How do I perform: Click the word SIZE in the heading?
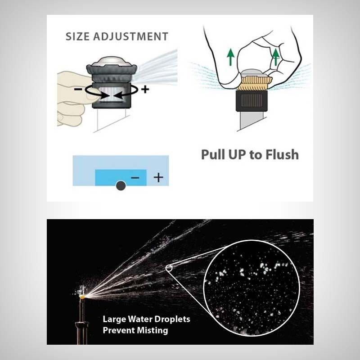[x=77, y=36]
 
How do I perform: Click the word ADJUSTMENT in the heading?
[x=131, y=36]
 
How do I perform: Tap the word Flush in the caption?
[x=282, y=154]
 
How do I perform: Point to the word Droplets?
[x=172, y=319]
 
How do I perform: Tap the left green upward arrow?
[x=230, y=58]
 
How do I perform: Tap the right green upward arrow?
[x=276, y=57]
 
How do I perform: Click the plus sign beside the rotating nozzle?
[x=145, y=89]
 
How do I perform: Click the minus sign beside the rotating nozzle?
[x=78, y=89]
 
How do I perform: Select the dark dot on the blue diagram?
[x=121, y=185]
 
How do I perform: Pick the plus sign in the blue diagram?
[x=158, y=177]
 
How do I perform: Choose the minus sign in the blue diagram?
[x=135, y=177]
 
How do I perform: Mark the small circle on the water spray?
[x=169, y=268]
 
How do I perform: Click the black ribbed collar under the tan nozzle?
[x=252, y=100]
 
